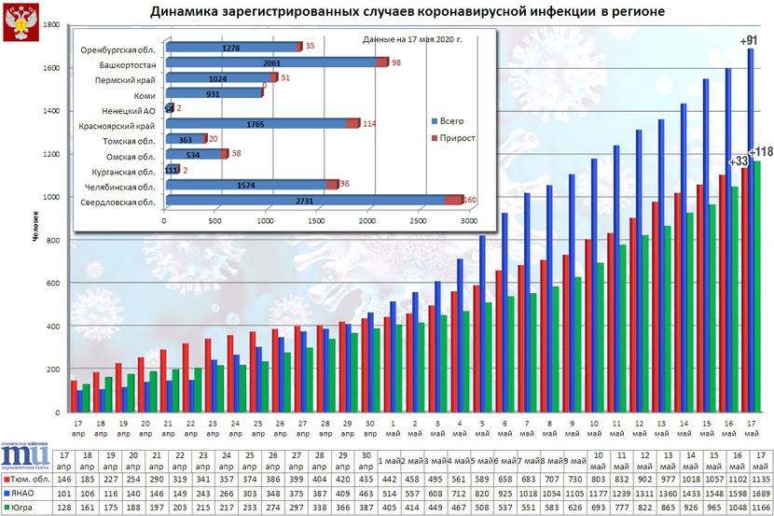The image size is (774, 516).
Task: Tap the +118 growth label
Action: tap(762, 153)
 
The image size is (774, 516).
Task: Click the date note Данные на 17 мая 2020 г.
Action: tap(410, 40)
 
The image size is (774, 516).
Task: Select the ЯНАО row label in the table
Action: tap(29, 494)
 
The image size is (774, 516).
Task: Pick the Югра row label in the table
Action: tap(27, 508)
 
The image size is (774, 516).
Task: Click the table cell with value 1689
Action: tap(760, 494)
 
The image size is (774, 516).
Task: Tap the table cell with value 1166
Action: tap(760, 508)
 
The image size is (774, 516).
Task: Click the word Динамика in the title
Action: tap(187, 12)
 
